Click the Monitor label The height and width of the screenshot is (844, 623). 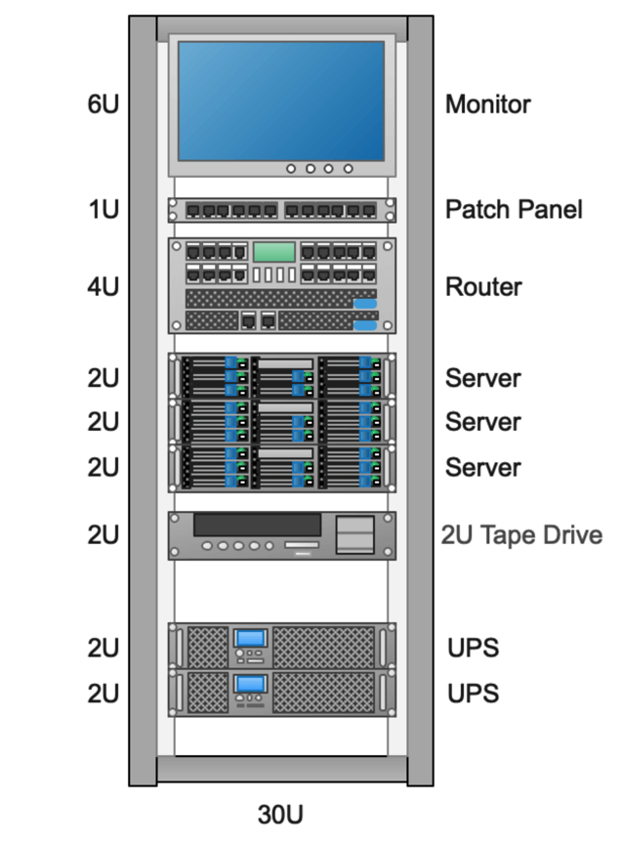[487, 104]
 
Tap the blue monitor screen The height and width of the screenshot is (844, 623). [281, 100]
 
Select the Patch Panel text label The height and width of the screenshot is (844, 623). [514, 209]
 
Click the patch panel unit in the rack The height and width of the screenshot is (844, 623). [281, 210]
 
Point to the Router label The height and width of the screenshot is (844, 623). [483, 287]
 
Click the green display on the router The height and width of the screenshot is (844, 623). [273, 252]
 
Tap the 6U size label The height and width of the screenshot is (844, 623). [103, 104]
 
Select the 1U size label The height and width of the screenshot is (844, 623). [103, 209]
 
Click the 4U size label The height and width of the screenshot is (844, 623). [103, 287]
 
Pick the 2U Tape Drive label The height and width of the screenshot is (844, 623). [521, 535]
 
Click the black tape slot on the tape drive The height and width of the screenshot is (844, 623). [257, 525]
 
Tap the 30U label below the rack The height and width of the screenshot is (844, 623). [281, 814]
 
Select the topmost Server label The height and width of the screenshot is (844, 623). [482, 378]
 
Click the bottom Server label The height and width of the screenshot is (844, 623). [482, 468]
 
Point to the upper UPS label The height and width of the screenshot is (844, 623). [473, 648]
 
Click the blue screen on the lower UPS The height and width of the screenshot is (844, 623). [251, 683]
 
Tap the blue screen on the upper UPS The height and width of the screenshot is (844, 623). [251, 638]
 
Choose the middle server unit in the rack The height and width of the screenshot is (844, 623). [281, 422]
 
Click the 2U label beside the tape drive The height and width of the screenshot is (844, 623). [103, 535]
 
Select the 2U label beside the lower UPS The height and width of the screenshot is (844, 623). [103, 694]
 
